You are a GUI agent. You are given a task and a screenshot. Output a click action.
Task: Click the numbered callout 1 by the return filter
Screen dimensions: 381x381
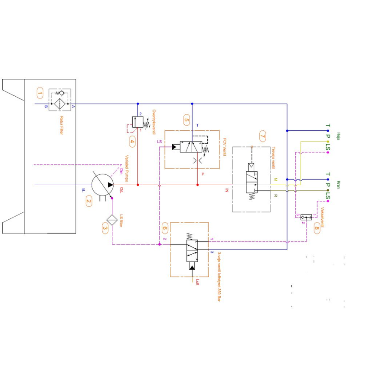pos(40,94)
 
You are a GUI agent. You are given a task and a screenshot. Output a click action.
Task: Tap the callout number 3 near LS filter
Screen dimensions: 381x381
pos(105,227)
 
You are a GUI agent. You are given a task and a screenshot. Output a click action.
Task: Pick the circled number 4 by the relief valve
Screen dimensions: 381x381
pos(132,142)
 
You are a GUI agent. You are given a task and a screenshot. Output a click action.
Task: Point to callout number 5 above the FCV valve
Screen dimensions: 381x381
pos(186,120)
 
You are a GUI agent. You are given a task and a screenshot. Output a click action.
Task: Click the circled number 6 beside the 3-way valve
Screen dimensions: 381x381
pos(164,228)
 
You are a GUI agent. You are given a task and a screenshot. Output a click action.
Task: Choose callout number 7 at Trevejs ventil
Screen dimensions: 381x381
pos(262,136)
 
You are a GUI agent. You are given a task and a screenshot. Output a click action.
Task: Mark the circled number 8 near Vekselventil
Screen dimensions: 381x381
pos(317,228)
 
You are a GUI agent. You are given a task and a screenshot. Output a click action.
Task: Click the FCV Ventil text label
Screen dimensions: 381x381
pos(224,147)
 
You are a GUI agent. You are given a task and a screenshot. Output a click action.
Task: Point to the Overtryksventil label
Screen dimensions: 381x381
pos(154,122)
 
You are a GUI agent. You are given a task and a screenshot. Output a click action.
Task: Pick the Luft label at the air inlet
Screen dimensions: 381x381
pos(197,282)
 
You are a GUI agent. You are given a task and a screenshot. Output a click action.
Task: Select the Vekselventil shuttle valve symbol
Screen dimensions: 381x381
pos(306,217)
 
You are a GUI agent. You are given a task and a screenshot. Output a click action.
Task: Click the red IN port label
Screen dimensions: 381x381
pos(226,190)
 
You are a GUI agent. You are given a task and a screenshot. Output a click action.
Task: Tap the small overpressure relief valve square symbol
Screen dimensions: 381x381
pos(137,122)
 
